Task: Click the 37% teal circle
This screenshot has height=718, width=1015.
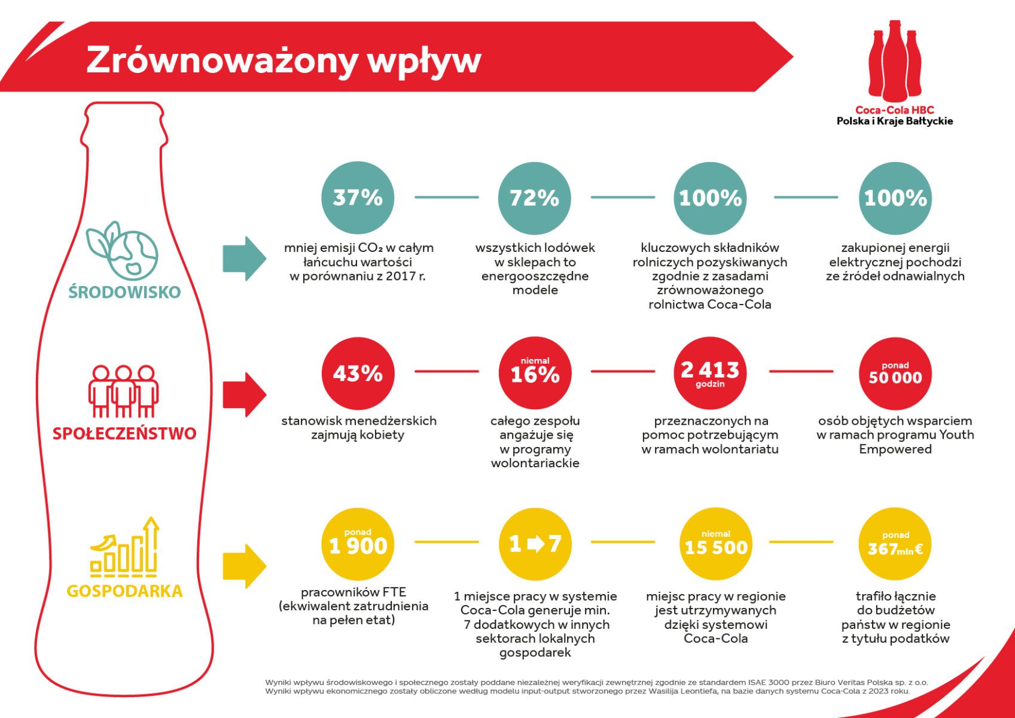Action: coord(358,197)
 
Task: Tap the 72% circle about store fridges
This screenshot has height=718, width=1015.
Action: coord(534,197)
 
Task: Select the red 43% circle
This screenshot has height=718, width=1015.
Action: coord(358,373)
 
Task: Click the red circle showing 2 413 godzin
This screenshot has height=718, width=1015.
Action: coord(710,373)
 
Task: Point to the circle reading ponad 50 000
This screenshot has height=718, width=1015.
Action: coord(895,373)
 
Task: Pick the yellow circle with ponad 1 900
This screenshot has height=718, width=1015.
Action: coord(358,543)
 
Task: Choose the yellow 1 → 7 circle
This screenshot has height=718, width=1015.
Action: coord(535,543)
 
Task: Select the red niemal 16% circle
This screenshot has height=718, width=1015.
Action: coord(535,372)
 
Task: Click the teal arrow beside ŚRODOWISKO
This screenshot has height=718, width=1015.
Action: coord(244,258)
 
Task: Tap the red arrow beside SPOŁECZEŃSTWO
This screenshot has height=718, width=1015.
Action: coord(244,394)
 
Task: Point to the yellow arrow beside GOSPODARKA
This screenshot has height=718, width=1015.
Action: coord(244,566)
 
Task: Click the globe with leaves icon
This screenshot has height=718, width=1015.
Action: coord(123,251)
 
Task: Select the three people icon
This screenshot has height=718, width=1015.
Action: coord(123,391)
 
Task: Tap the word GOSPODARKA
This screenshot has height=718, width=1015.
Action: coord(124,591)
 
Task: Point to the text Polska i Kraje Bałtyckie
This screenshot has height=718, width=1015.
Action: coord(894,121)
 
